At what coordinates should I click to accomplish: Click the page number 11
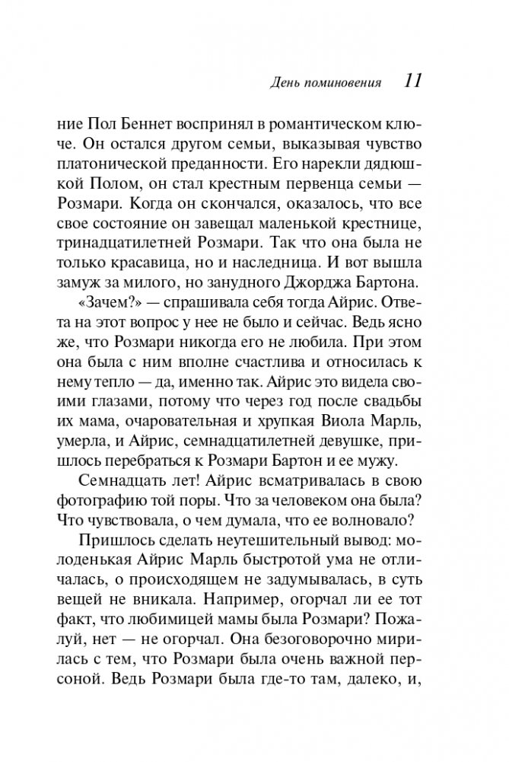point(413,81)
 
